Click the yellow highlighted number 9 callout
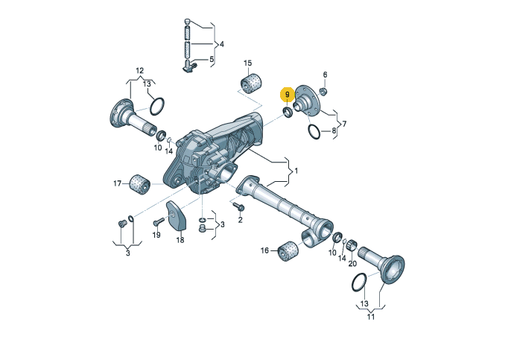pos(287,95)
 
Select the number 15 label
pos(248,63)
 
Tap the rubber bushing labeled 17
pos(140,184)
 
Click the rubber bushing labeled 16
pos(288,251)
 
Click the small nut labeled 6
pos(323,92)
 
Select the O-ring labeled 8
pos(314,131)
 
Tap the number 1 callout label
pos(296,171)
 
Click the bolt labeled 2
pos(238,206)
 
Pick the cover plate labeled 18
pos(177,215)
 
